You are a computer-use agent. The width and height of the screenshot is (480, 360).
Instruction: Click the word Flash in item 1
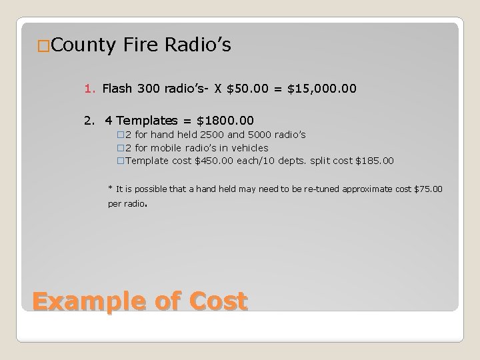[117, 87]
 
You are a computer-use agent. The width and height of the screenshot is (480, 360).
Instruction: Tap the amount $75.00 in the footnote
[428, 189]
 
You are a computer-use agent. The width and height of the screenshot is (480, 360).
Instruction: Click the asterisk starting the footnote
[110, 189]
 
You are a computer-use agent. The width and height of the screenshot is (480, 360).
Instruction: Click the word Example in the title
[86, 302]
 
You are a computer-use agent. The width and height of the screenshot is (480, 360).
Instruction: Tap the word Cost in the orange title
[218, 302]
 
